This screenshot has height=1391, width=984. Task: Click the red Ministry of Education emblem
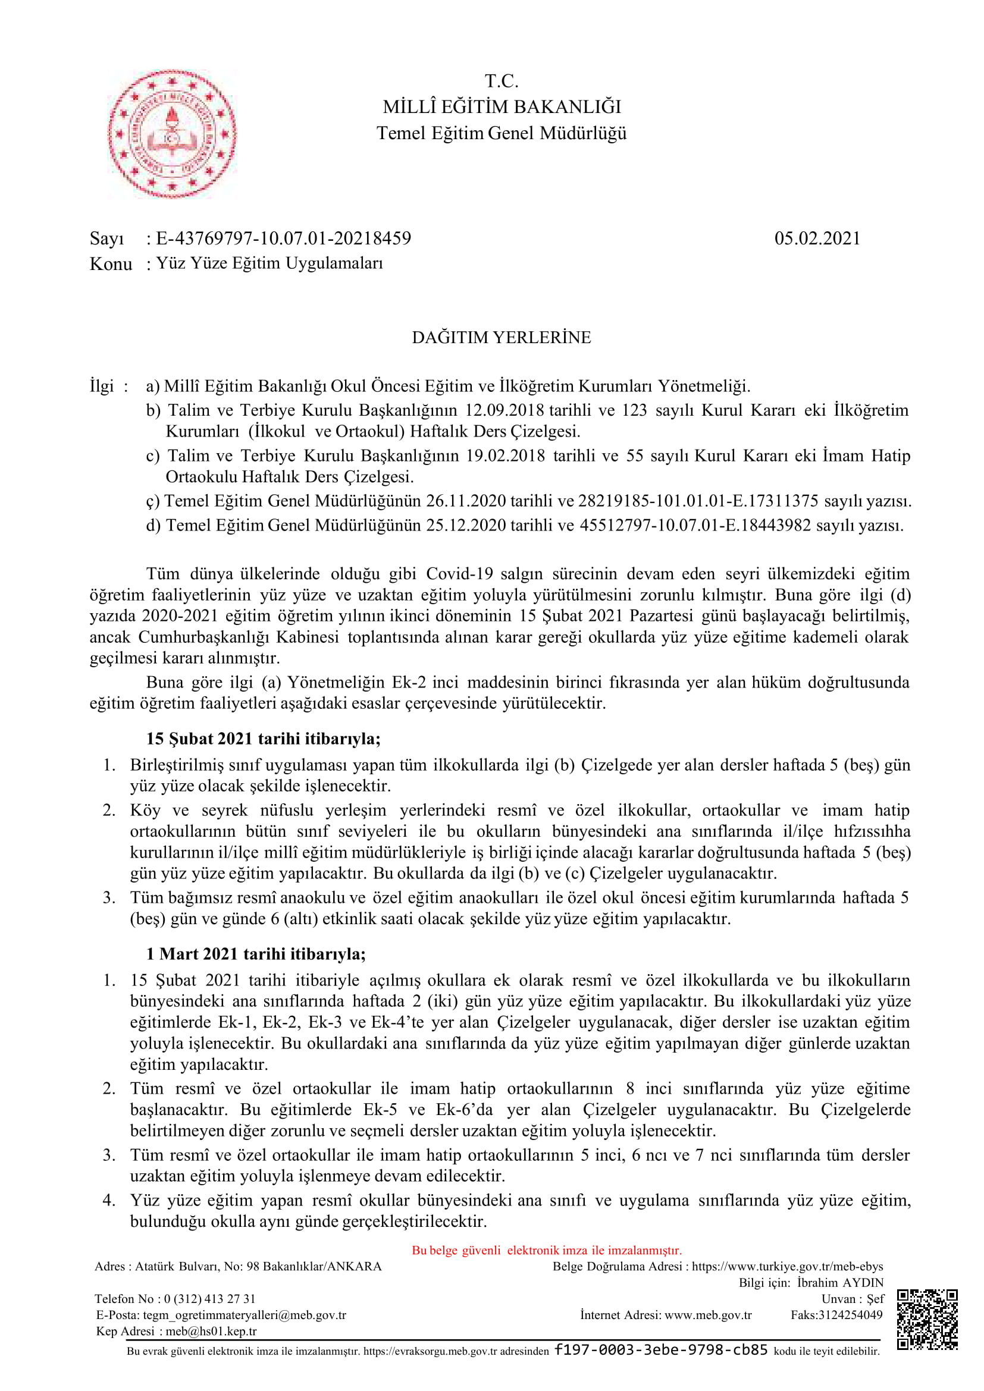(173, 133)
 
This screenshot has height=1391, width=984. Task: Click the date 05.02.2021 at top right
(817, 238)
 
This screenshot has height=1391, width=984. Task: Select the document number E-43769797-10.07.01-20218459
(284, 238)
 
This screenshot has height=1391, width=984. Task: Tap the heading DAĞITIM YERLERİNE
(501, 337)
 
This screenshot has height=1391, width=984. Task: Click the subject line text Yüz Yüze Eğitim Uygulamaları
(269, 263)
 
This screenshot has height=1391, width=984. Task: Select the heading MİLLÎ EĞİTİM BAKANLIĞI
(502, 106)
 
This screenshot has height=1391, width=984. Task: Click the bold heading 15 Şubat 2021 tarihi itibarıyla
(263, 739)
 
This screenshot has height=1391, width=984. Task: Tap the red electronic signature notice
(547, 1250)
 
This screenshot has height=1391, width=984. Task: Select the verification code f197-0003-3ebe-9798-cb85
(661, 1350)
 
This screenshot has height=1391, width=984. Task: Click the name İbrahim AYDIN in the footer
(840, 1282)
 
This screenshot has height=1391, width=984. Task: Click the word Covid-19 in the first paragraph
(459, 573)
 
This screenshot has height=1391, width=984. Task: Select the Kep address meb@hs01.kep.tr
(211, 1331)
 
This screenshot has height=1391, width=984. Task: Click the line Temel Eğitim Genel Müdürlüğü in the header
(502, 133)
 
